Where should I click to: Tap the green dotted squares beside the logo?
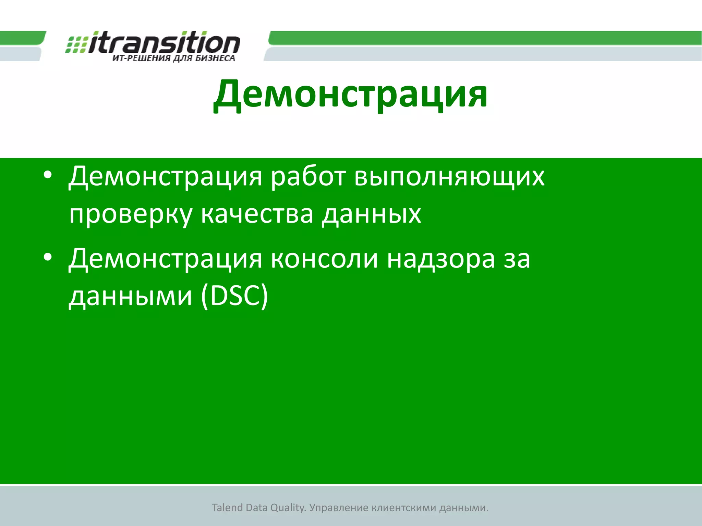(x=76, y=45)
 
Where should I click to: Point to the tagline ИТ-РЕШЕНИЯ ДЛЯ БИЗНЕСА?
(x=174, y=58)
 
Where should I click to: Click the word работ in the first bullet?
(x=308, y=177)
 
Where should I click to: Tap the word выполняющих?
(x=449, y=177)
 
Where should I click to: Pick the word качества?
(x=257, y=214)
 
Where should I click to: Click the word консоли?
(x=325, y=259)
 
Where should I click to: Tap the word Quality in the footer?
(x=287, y=508)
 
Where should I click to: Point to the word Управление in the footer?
(x=338, y=508)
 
